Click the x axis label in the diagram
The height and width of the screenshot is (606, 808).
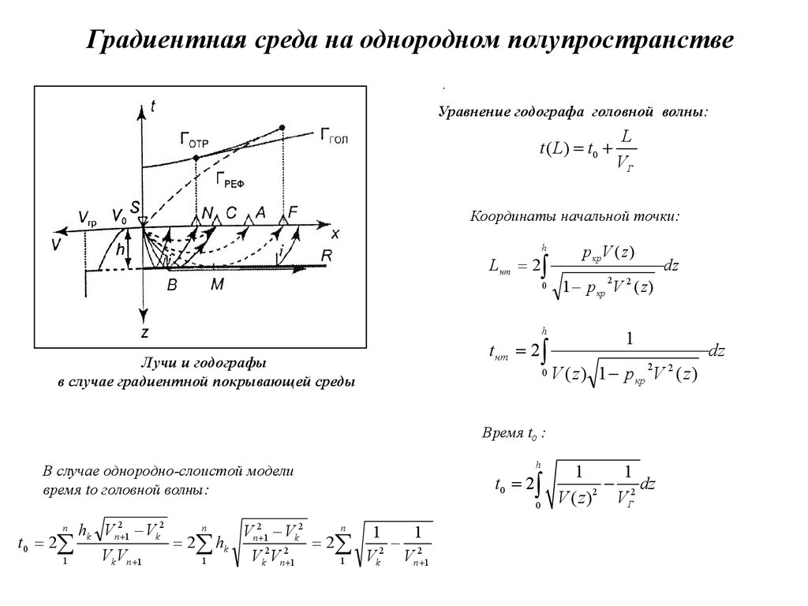click(335, 234)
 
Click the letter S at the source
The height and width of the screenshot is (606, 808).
click(136, 208)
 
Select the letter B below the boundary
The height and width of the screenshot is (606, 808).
click(172, 287)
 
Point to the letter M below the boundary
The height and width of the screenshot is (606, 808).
click(216, 286)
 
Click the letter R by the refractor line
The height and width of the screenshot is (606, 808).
click(326, 255)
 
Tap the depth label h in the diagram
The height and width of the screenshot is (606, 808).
click(119, 249)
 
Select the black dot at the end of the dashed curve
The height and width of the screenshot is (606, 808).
click(282, 127)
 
